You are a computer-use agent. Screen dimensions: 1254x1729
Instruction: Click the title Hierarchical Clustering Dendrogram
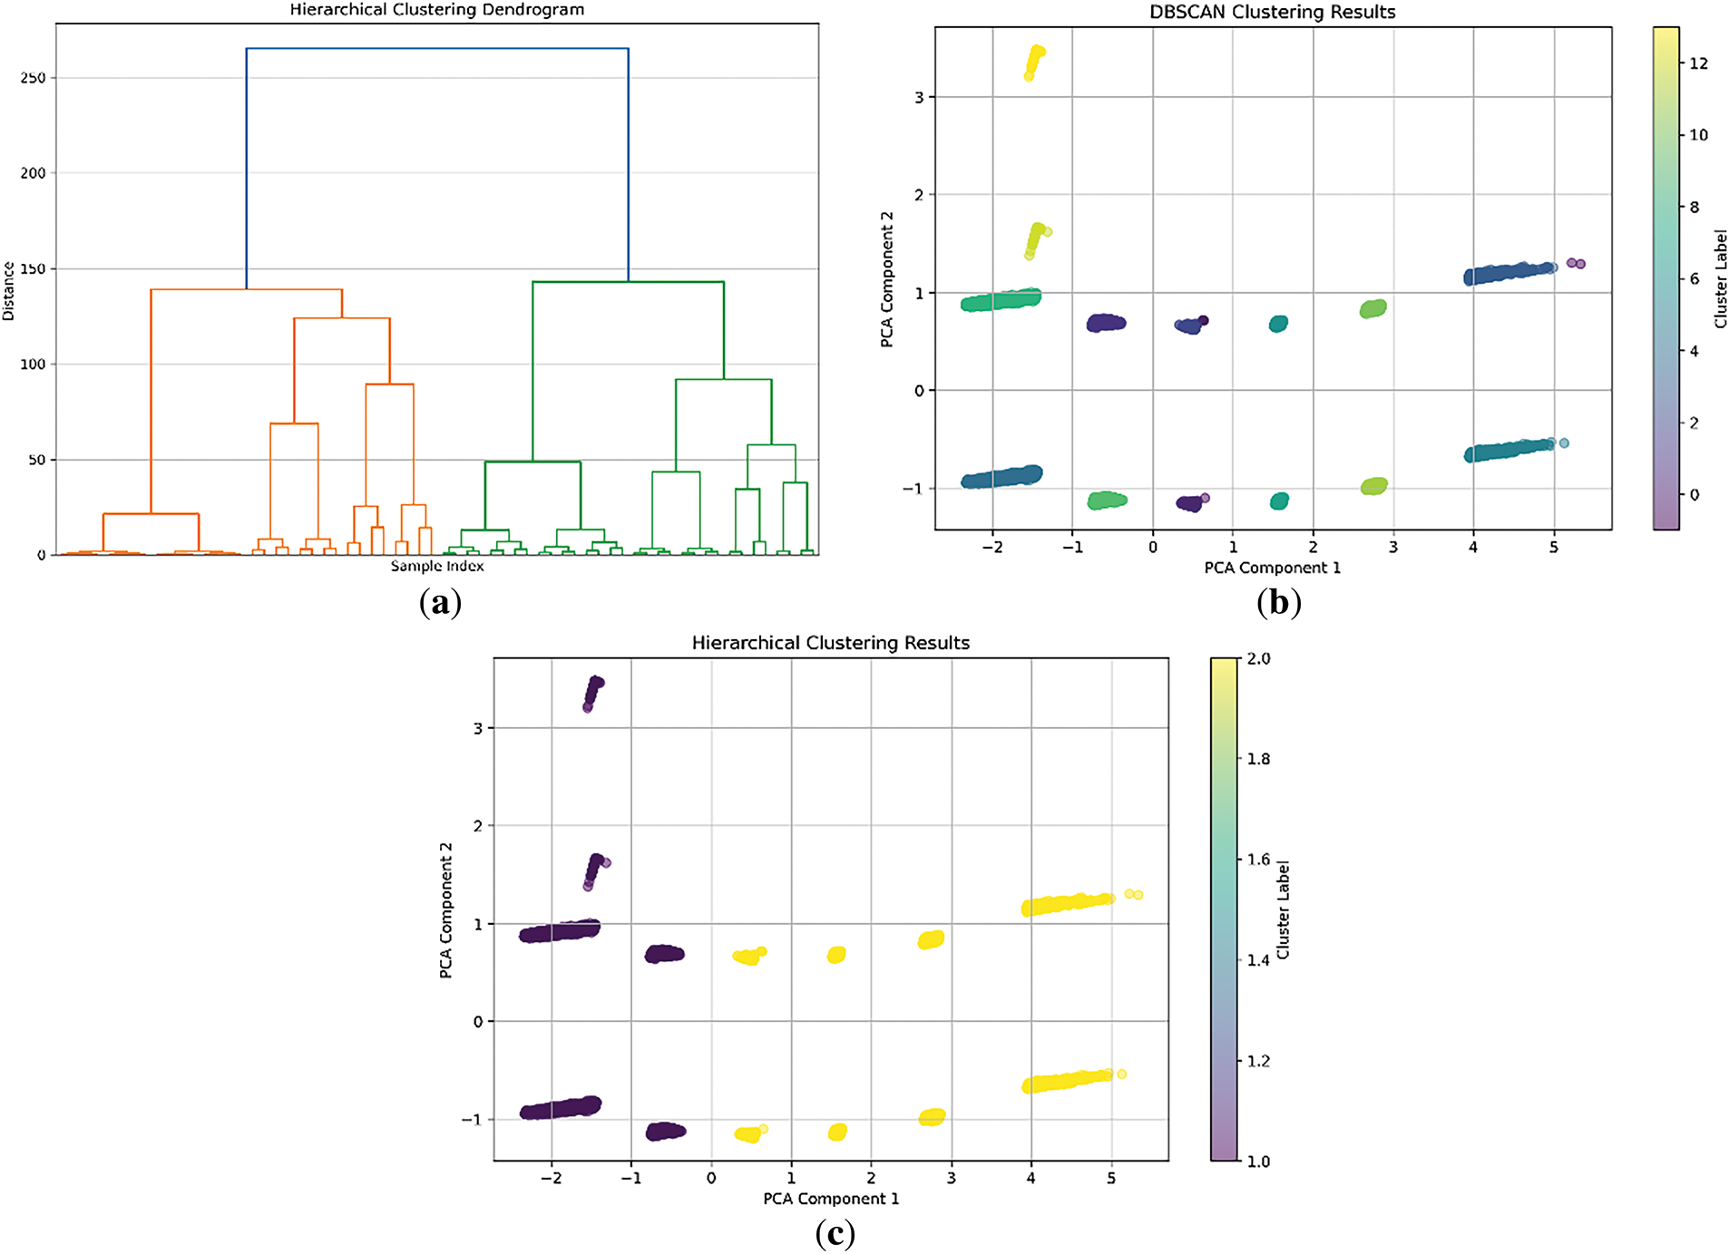(436, 10)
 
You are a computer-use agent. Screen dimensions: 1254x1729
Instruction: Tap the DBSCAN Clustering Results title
(1272, 12)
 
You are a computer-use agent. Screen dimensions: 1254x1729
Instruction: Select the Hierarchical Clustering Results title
(830, 643)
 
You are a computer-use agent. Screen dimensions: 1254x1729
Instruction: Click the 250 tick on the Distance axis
(33, 78)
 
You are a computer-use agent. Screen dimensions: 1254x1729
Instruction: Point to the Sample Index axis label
(437, 566)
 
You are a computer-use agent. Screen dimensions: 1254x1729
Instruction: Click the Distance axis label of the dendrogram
(9, 291)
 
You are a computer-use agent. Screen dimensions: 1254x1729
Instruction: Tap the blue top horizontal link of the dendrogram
(437, 49)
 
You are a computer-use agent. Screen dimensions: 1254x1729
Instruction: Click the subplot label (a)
(441, 602)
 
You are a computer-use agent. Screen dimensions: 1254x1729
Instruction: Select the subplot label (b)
(1279, 602)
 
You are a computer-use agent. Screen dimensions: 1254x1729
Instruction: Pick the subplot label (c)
(835, 1233)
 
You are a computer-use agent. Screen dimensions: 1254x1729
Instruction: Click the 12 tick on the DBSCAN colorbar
(1698, 63)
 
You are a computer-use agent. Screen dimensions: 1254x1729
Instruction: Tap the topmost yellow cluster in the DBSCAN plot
(1034, 62)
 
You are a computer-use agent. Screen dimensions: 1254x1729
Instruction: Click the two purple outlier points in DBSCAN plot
(1576, 263)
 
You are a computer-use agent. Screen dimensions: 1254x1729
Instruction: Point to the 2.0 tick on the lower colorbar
(1258, 658)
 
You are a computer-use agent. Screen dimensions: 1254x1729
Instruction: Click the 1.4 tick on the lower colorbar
(1258, 960)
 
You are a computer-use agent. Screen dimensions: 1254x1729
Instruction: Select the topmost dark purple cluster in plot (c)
(593, 693)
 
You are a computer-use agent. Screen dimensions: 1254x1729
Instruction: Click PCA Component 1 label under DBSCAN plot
(1272, 568)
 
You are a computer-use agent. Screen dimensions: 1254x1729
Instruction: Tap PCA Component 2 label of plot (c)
(445, 909)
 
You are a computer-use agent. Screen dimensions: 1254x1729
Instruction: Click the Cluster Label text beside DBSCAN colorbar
(1720, 278)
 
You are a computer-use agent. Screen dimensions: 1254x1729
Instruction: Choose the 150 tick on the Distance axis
(33, 269)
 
